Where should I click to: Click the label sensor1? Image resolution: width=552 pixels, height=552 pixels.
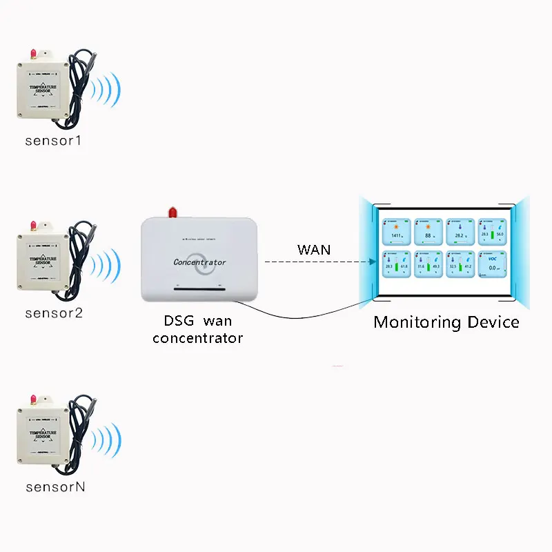[54, 141]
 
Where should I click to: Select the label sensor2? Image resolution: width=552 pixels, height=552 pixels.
[54, 313]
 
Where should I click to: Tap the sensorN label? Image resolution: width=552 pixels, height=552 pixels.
[55, 486]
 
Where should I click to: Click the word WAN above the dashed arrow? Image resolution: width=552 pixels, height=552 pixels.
[314, 249]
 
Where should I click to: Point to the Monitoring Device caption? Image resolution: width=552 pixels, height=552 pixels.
[446, 322]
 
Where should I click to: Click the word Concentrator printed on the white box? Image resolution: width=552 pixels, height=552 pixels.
[199, 262]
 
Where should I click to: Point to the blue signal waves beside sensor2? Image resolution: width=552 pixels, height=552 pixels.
[107, 264]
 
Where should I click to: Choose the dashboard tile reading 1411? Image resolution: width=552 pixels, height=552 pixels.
[396, 233]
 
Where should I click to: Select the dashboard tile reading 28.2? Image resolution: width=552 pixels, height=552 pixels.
[459, 233]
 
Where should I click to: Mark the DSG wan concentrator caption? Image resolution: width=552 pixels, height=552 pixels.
[197, 331]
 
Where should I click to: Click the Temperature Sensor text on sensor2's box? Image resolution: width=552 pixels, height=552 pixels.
[43, 259]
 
